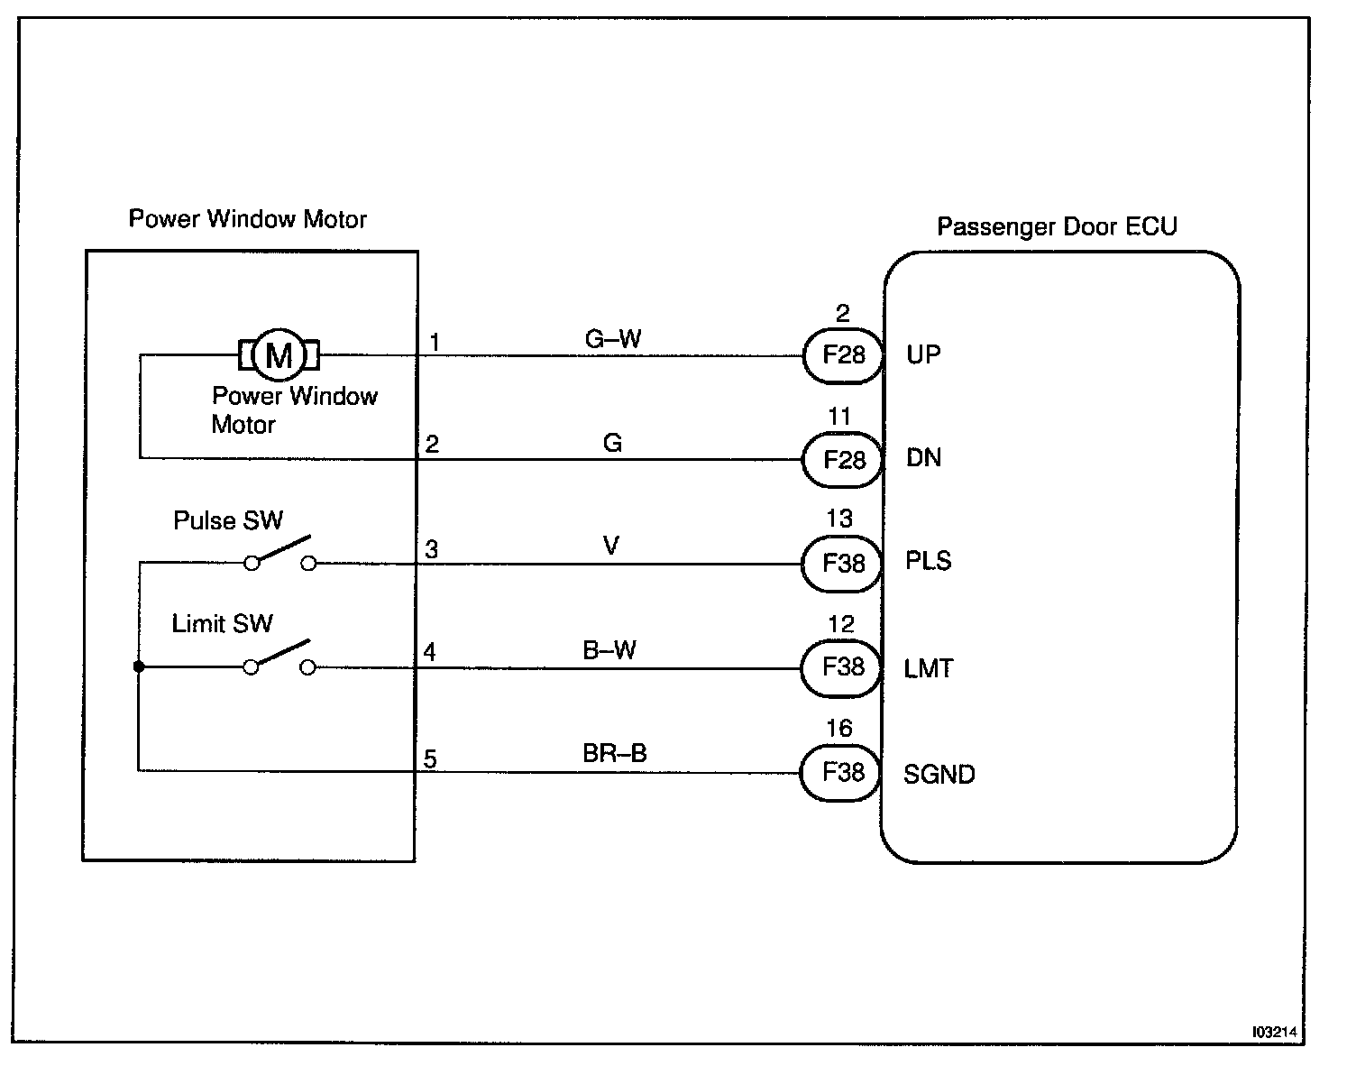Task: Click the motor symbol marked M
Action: [279, 355]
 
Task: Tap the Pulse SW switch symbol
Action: [280, 555]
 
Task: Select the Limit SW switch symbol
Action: [279, 658]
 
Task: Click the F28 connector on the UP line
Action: [843, 355]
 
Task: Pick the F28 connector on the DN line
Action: [843, 460]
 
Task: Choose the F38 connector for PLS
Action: [843, 564]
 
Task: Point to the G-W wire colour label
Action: [613, 339]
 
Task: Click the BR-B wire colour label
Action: [615, 754]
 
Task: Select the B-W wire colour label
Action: [609, 650]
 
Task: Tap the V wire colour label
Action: [611, 547]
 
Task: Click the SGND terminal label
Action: [939, 775]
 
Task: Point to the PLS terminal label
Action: [929, 561]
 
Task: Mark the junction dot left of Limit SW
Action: [139, 667]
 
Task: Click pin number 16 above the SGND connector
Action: [839, 729]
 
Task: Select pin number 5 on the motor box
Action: [430, 759]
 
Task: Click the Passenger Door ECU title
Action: [1057, 226]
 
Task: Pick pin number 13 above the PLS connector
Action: [839, 519]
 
